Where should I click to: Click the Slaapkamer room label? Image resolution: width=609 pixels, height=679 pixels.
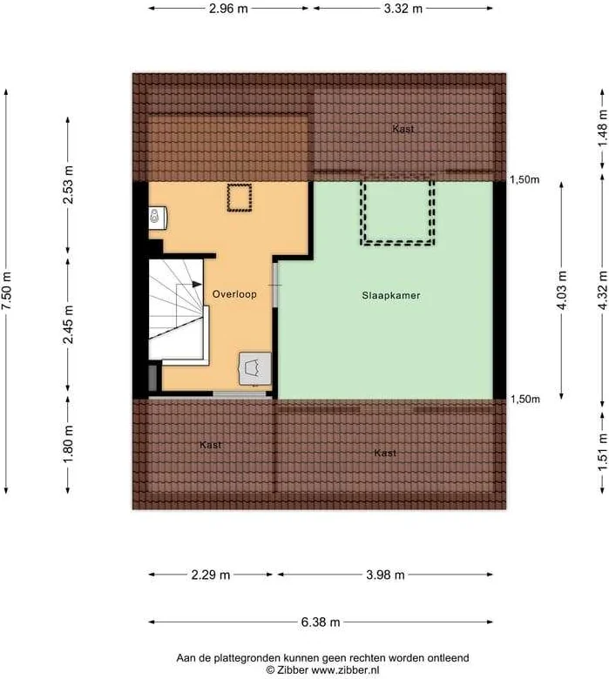tap(391, 296)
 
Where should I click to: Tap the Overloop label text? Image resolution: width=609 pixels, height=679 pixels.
tap(234, 295)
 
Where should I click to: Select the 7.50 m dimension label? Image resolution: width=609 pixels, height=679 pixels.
tap(8, 286)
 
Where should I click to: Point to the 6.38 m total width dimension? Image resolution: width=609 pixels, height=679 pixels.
tap(321, 622)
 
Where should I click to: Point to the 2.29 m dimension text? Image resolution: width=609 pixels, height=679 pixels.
tap(211, 575)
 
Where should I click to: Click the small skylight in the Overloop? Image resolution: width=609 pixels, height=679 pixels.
tap(238, 198)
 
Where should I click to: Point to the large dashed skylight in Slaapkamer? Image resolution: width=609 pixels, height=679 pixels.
tap(397, 212)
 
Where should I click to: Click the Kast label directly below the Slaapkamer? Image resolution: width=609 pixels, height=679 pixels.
tap(385, 454)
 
